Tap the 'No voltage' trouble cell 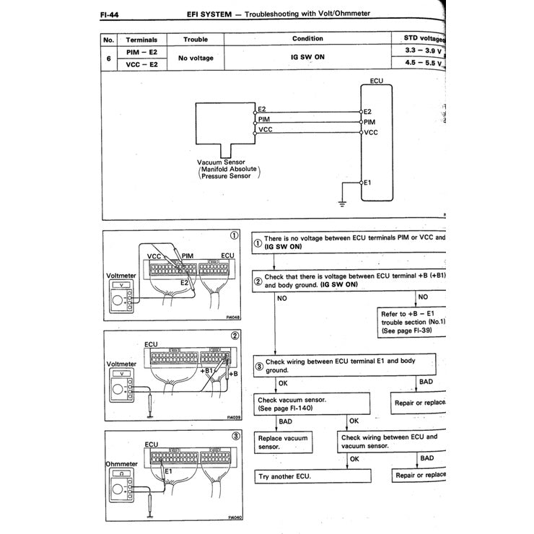click(x=196, y=58)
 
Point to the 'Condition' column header click(x=307, y=39)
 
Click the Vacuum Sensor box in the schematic click(x=224, y=126)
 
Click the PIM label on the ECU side click(x=369, y=122)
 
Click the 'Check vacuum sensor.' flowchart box click(x=310, y=403)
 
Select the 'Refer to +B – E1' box click(x=413, y=322)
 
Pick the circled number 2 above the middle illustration click(x=235, y=336)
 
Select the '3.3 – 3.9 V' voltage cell click(x=420, y=51)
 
